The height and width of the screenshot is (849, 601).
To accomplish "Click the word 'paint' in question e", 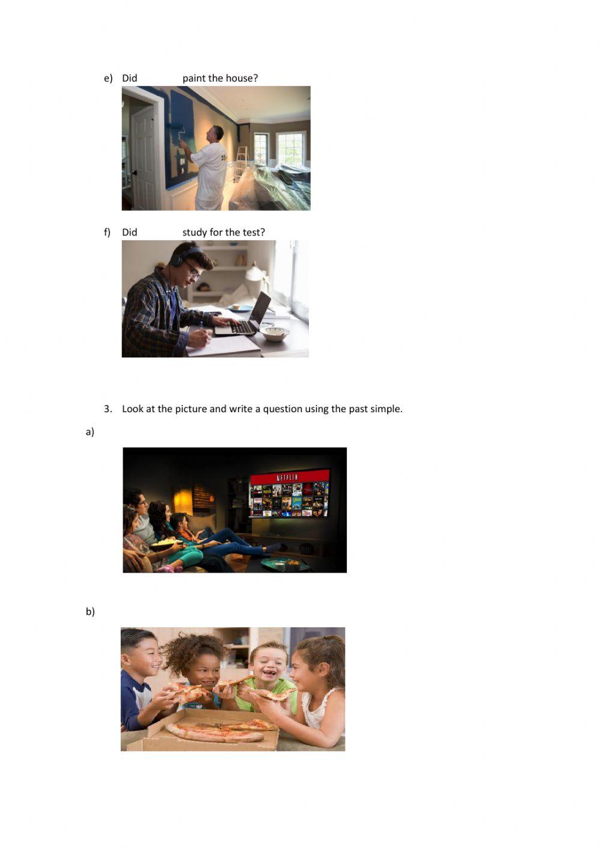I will (194, 78).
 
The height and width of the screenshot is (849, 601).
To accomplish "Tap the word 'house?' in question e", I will (242, 78).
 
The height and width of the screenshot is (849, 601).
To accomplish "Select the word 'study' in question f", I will (195, 233).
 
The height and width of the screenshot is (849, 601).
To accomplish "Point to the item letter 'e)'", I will (108, 78).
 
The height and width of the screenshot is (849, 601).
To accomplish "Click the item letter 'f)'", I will (108, 233).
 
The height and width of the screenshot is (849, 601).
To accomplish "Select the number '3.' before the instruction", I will (108, 409).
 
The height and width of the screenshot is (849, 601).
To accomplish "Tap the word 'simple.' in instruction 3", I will (386, 409).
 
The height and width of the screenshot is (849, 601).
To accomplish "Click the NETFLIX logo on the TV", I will (287, 477).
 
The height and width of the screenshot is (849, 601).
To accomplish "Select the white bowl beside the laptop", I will (274, 333).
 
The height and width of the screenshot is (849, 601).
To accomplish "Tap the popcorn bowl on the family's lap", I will (165, 544).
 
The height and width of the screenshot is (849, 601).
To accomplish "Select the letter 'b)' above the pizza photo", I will (90, 612).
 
